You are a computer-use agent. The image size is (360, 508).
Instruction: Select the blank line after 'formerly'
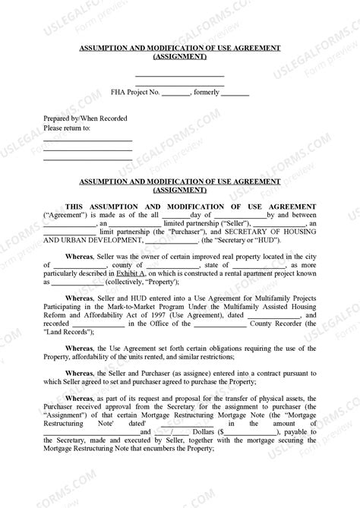click(x=235, y=93)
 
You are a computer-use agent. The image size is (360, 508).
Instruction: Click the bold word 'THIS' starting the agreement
click(x=76, y=205)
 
